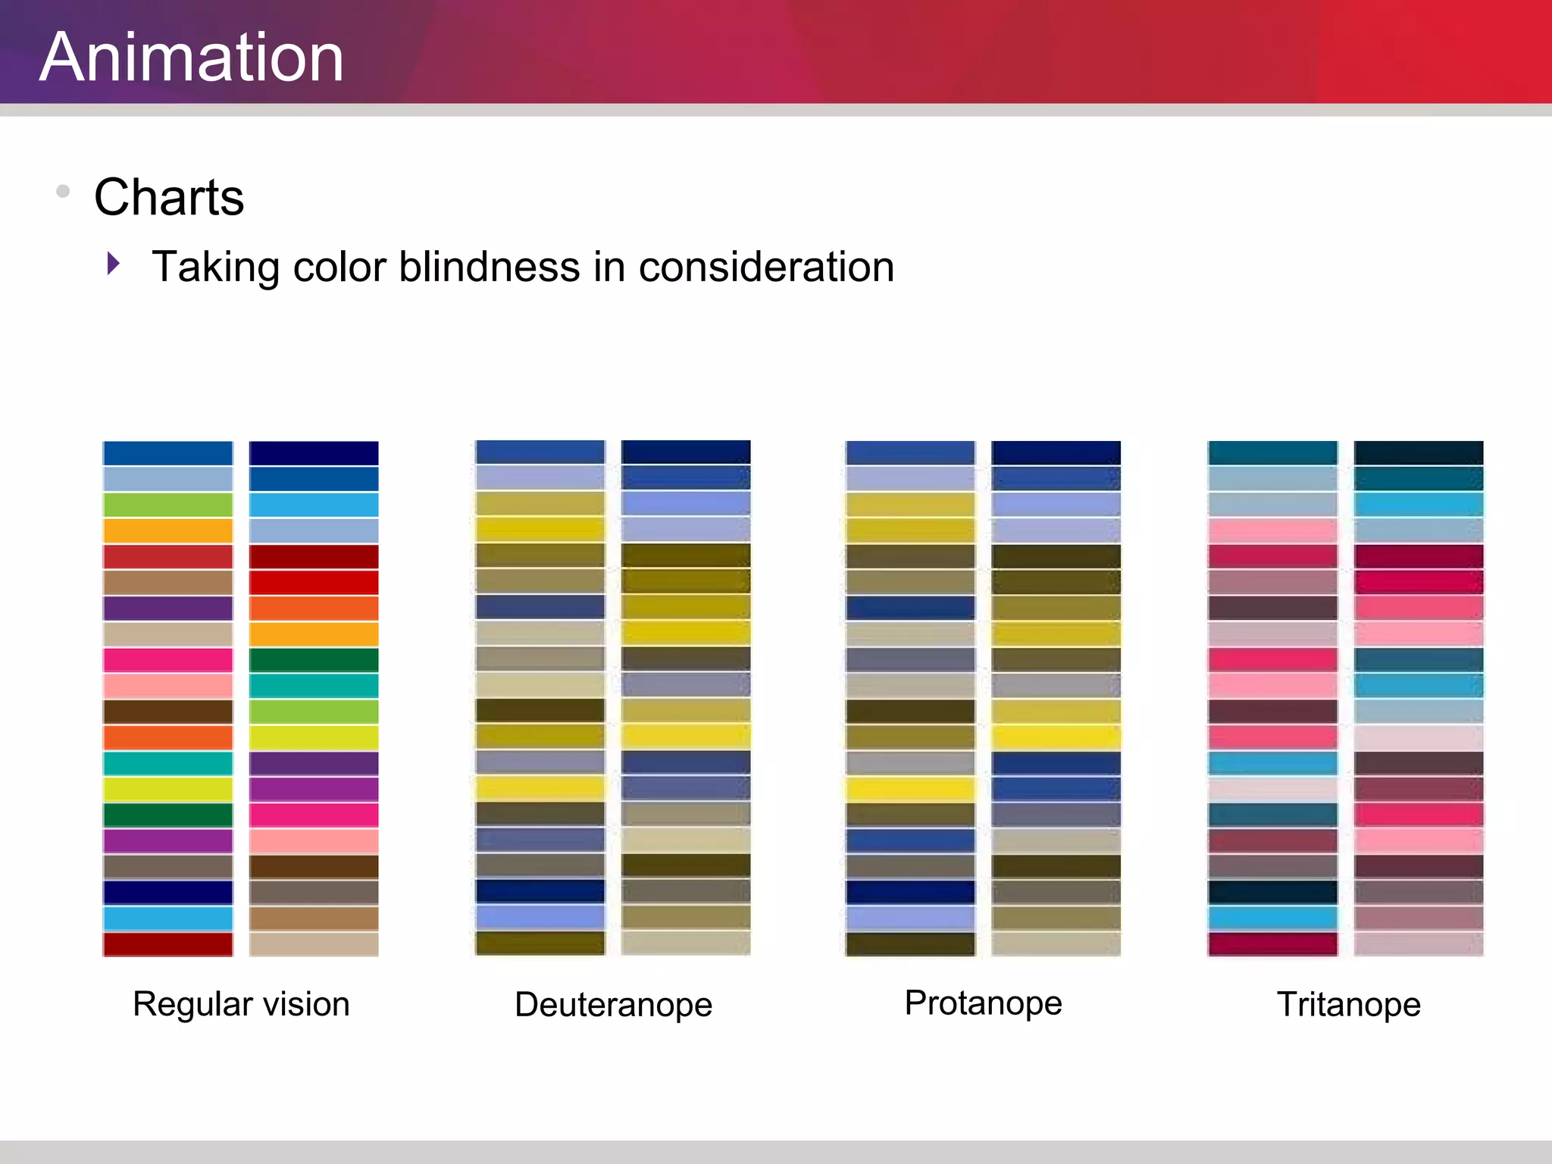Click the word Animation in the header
192,58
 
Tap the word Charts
169,197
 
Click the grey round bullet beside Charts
63,191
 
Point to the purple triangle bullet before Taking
114,264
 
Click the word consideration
766,267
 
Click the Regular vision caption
241,1004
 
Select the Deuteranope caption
613,1005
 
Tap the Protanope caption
983,1003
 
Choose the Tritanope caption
1348,1005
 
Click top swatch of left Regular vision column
167,453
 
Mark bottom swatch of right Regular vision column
314,944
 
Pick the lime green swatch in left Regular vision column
167,505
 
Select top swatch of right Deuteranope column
686,452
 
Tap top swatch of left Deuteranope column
540,452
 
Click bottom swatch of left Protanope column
910,944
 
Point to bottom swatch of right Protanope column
1056,944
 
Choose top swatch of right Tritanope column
1418,453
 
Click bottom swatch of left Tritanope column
1272,944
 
